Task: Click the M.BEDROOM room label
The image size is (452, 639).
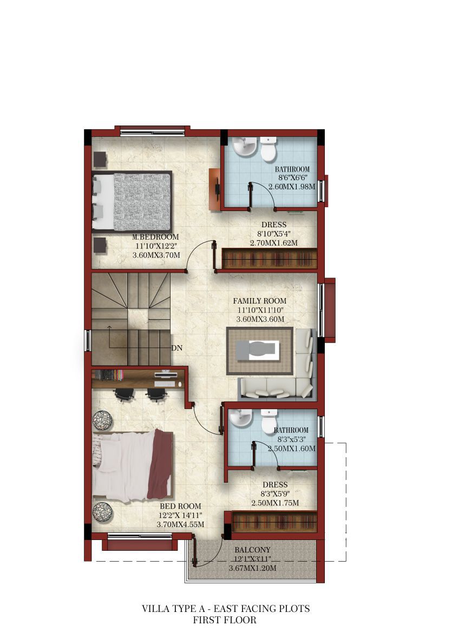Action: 155,237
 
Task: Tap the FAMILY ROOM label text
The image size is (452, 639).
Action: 260,301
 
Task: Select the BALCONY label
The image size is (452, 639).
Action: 252,550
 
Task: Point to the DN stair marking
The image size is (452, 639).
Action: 177,348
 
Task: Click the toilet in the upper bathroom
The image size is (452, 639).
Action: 268,149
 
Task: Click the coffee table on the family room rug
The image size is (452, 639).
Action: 258,351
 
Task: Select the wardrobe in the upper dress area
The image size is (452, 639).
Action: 270,259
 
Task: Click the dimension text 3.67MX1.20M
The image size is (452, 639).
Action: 253,568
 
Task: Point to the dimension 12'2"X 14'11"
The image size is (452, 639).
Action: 180,516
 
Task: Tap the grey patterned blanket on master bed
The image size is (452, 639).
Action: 141,202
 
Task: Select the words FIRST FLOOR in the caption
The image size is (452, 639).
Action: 225,620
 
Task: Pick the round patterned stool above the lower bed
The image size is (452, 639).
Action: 103,420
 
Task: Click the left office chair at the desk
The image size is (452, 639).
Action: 124,394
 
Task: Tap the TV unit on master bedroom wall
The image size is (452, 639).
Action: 215,189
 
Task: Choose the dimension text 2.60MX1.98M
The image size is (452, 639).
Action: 292,187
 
